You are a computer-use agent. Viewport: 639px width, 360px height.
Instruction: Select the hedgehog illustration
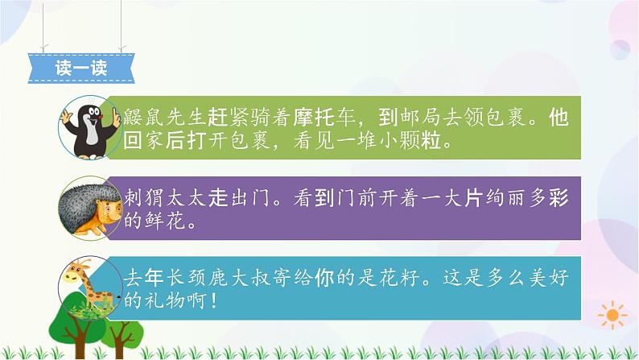(x=90, y=206)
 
